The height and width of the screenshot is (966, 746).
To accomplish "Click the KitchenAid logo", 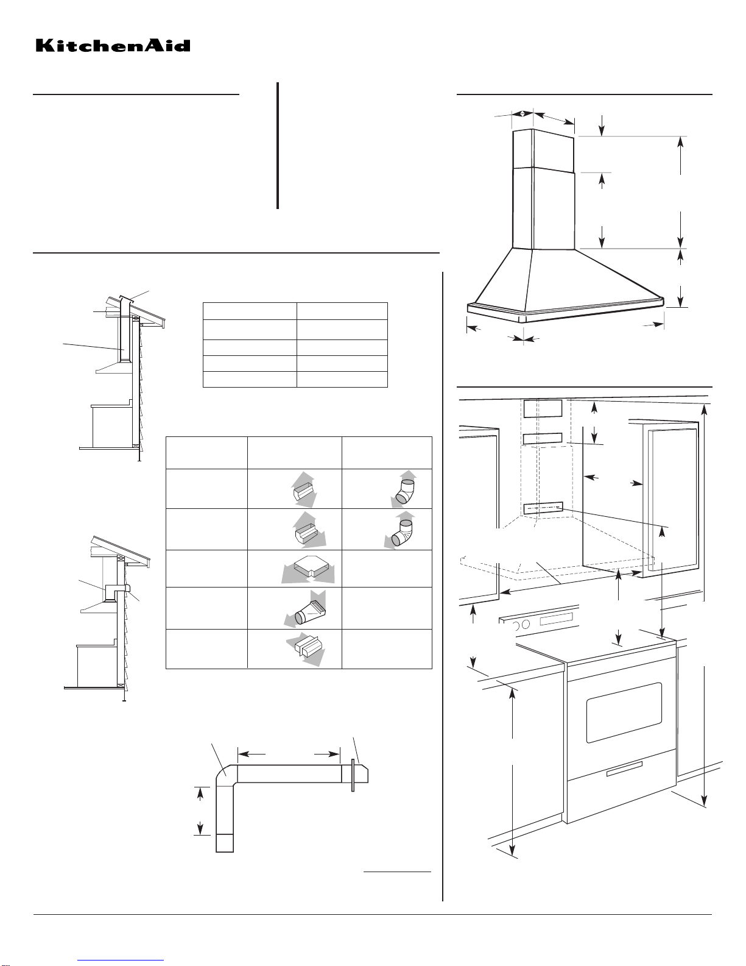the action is pyautogui.click(x=113, y=46).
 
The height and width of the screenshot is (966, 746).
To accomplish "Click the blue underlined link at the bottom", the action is pyautogui.click(x=121, y=961).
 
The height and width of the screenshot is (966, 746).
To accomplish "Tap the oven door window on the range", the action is pyautogui.click(x=624, y=712).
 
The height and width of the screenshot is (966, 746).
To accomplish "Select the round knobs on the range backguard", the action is pyautogui.click(x=521, y=625).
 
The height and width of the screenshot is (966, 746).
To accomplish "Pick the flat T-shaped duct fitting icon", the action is pyautogui.click(x=308, y=569).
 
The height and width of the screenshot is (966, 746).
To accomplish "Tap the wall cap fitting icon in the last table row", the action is pyautogui.click(x=306, y=650).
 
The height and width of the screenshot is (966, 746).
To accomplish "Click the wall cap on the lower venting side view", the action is pyautogui.click(x=127, y=589).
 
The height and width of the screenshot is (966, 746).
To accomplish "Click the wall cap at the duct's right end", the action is pyautogui.click(x=360, y=773).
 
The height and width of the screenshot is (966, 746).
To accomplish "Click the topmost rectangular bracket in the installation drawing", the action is pyautogui.click(x=543, y=408).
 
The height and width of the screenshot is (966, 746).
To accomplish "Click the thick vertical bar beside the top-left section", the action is pyautogui.click(x=278, y=146).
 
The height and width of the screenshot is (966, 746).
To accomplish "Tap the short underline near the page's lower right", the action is pyautogui.click(x=398, y=872).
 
